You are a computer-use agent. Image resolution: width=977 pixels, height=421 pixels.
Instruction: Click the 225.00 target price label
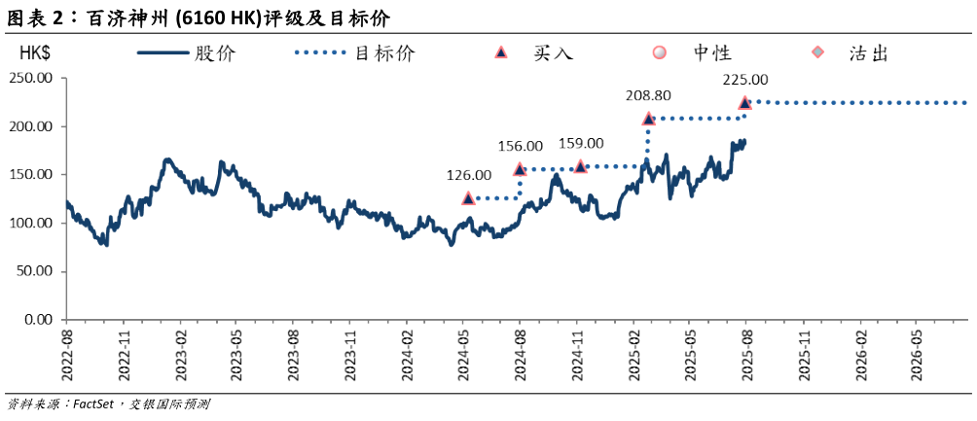click(745, 80)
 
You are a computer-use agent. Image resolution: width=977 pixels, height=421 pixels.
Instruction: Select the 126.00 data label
click(469, 175)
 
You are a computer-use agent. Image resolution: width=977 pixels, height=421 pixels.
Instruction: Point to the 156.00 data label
click(522, 146)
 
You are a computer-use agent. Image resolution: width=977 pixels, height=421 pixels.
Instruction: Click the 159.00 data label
click(581, 143)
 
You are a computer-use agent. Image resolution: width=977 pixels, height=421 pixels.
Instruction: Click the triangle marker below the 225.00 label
click(745, 102)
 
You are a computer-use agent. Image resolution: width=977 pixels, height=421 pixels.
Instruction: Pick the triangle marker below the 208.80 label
click(648, 119)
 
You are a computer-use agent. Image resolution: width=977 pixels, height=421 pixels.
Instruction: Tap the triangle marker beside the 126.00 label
click(468, 197)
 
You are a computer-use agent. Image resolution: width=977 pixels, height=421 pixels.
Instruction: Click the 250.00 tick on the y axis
click(32, 79)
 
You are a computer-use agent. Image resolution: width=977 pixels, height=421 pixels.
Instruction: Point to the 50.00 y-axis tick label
click(36, 270)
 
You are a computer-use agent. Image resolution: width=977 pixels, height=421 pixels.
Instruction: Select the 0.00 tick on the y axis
click(40, 319)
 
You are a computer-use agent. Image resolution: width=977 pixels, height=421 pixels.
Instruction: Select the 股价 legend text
click(215, 53)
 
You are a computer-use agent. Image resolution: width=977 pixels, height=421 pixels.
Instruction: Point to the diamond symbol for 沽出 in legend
click(817, 53)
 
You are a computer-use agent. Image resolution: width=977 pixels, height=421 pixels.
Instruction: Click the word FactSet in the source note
click(94, 403)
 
